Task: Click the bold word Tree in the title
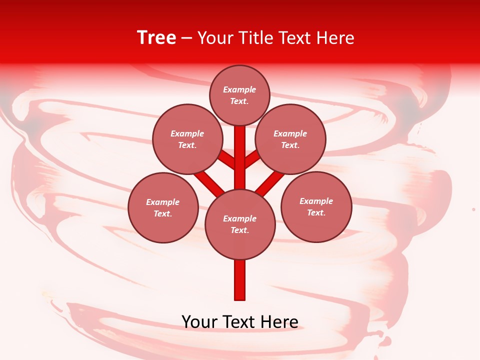(156, 38)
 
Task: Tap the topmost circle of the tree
(239, 95)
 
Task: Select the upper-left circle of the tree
(187, 139)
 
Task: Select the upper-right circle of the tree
(290, 139)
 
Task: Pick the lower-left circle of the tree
(163, 207)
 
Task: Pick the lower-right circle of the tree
(316, 206)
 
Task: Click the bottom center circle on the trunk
(240, 224)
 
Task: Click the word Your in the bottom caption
(199, 321)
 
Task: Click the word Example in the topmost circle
(239, 89)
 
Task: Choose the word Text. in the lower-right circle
(316, 212)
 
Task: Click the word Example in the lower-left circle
(163, 202)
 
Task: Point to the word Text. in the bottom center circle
(240, 230)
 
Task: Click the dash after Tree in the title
(187, 38)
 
